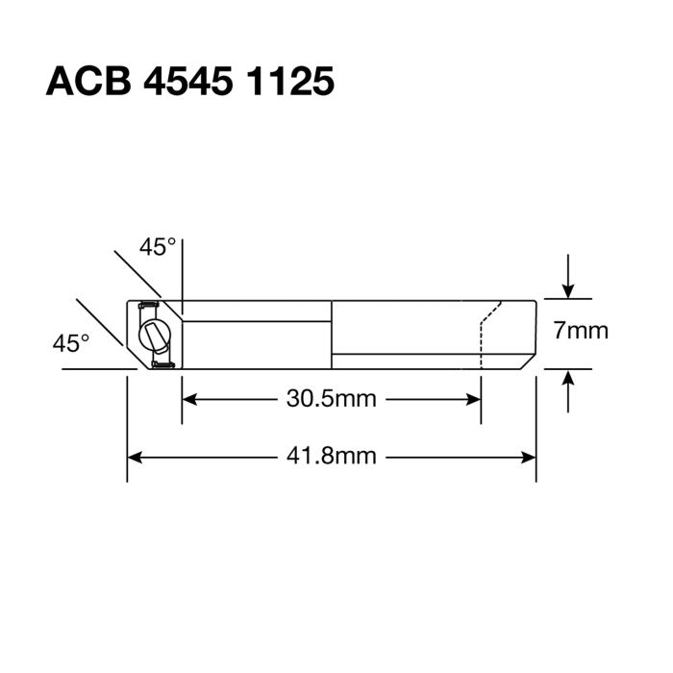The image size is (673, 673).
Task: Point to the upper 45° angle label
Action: click(x=158, y=247)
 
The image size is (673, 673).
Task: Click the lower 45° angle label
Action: click(x=71, y=342)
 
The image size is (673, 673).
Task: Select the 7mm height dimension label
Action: click(x=581, y=332)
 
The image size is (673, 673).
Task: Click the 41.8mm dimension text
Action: click(x=332, y=456)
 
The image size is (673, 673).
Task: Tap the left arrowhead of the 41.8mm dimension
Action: click(x=136, y=456)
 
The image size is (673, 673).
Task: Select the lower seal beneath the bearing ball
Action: click(x=162, y=364)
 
